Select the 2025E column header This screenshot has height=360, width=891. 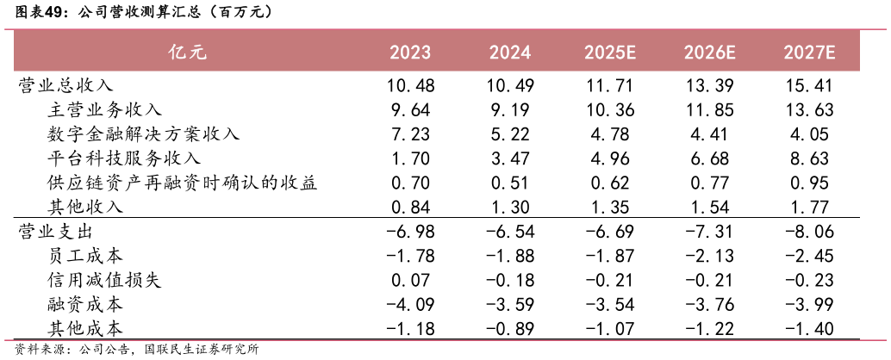click(x=609, y=53)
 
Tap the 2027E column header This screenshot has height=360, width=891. click(x=810, y=53)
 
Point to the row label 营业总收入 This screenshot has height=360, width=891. click(x=65, y=85)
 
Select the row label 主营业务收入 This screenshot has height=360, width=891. click(x=104, y=109)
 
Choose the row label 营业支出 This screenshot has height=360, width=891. click(x=56, y=232)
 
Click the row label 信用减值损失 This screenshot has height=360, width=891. click(x=104, y=280)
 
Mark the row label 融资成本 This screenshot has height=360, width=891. click(x=85, y=304)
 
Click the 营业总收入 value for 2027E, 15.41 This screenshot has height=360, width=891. click(x=810, y=85)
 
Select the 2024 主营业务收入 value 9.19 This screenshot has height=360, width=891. click(x=511, y=109)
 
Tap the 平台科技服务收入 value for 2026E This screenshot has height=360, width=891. click(x=709, y=158)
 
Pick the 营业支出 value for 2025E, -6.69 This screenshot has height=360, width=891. click(x=609, y=232)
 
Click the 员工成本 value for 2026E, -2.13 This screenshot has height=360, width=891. click(x=709, y=256)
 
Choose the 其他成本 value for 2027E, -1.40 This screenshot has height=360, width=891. click(x=810, y=329)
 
